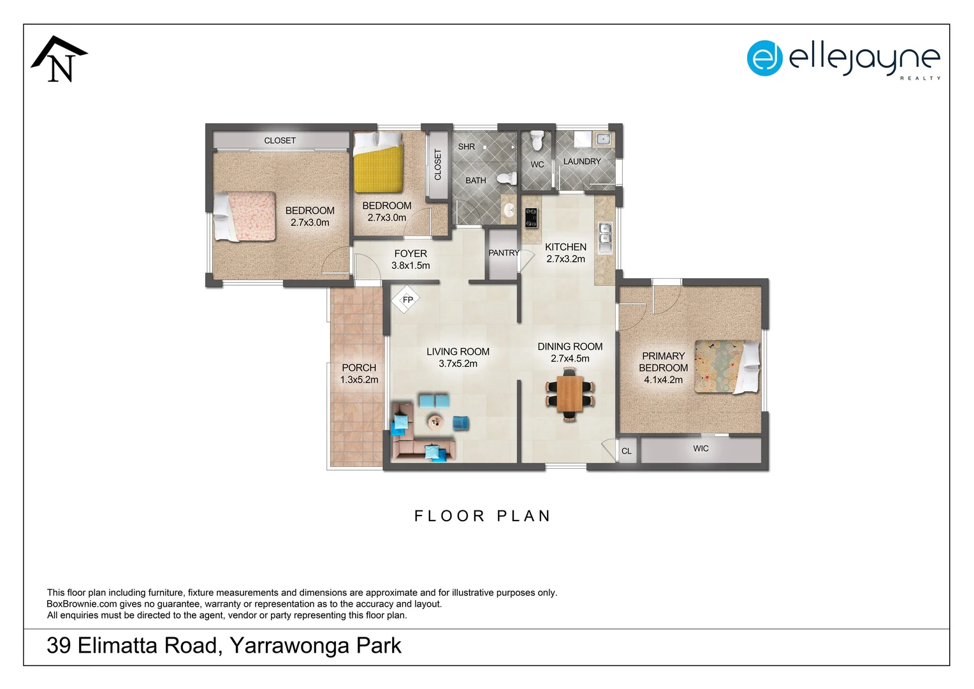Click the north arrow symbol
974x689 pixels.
[59, 59]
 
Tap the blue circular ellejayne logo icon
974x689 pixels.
[764, 58]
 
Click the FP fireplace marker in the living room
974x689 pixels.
[406, 300]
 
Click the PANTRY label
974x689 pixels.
[504, 253]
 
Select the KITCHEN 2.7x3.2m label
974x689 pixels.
[565, 253]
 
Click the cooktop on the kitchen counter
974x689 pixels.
[531, 218]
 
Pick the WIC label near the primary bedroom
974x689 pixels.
[701, 448]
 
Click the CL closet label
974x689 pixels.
[627, 451]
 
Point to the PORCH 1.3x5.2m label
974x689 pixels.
[359, 373]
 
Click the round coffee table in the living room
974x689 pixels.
[435, 420]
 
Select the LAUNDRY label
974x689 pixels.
[581, 161]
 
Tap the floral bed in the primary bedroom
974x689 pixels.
[725, 366]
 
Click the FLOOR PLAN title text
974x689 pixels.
[483, 516]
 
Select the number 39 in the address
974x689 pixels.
[59, 646]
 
